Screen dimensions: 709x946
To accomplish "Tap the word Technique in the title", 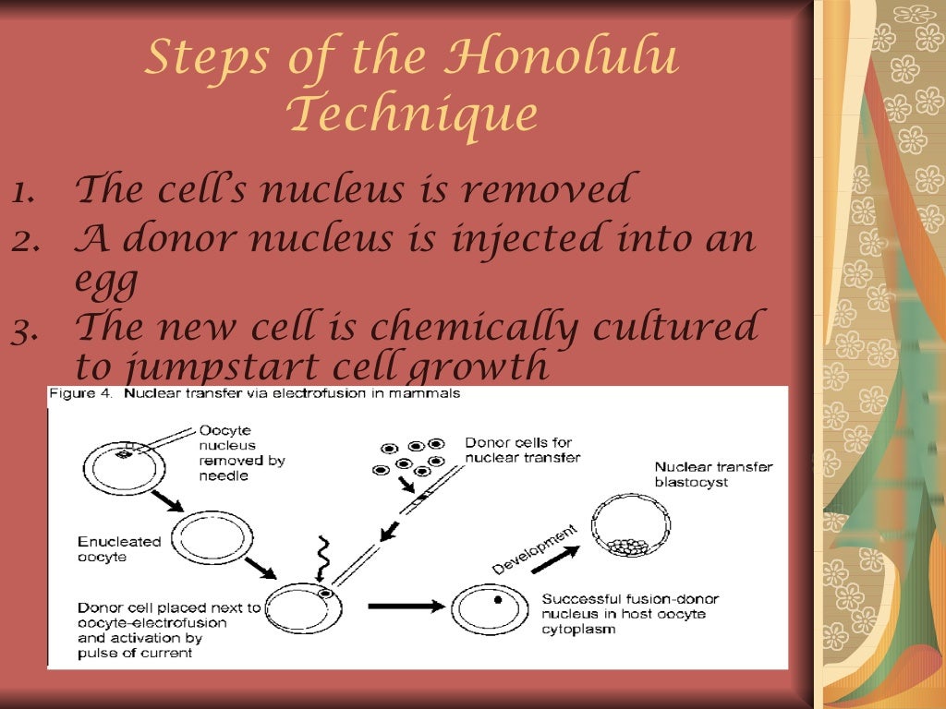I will pos(411,114).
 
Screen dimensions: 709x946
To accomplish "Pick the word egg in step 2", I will pos(106,282).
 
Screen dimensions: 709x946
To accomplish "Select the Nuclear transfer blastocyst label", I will pos(712,475).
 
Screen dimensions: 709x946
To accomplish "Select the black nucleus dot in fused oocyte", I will pos(498,600).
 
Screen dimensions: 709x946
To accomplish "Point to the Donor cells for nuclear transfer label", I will pos(523,450).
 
